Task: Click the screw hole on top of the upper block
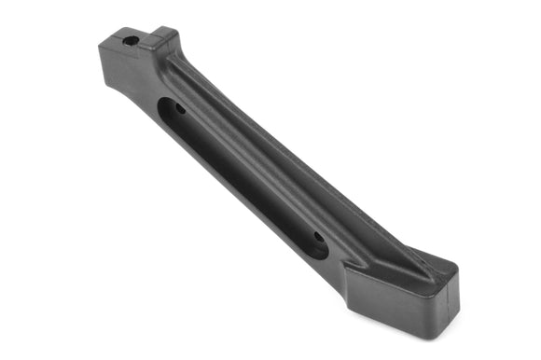pyautogui.click(x=132, y=40)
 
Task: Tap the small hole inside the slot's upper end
pyautogui.click(x=180, y=109)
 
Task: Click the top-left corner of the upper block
pyautogui.click(x=100, y=42)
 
